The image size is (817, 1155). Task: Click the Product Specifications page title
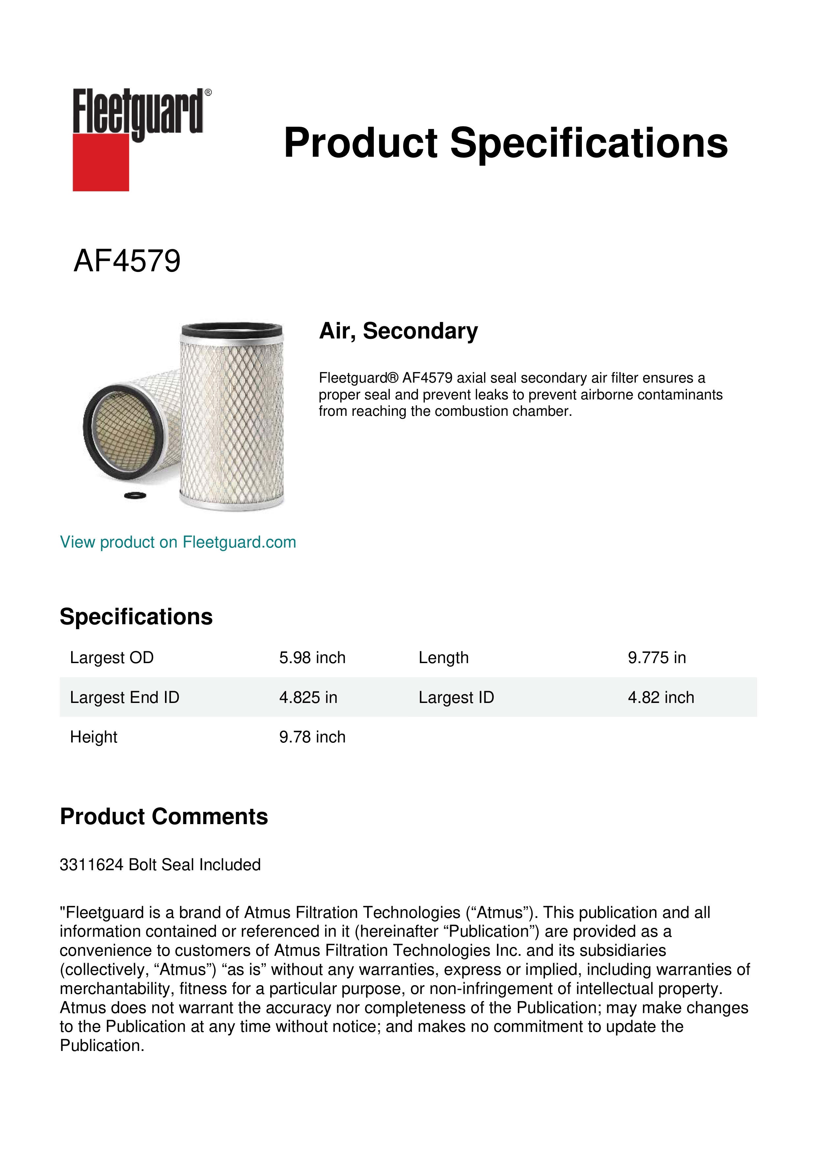(505, 143)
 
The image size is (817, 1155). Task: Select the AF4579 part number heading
(127, 261)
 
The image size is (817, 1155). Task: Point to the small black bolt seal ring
(135, 496)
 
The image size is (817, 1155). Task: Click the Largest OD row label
(112, 658)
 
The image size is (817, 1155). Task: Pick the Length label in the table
(443, 658)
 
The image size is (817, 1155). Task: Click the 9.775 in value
(657, 658)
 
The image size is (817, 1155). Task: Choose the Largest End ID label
(124, 697)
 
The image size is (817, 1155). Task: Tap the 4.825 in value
(308, 697)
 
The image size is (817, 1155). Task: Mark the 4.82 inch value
(661, 697)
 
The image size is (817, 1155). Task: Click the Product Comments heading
(164, 817)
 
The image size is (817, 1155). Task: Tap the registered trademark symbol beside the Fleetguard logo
(208, 93)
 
